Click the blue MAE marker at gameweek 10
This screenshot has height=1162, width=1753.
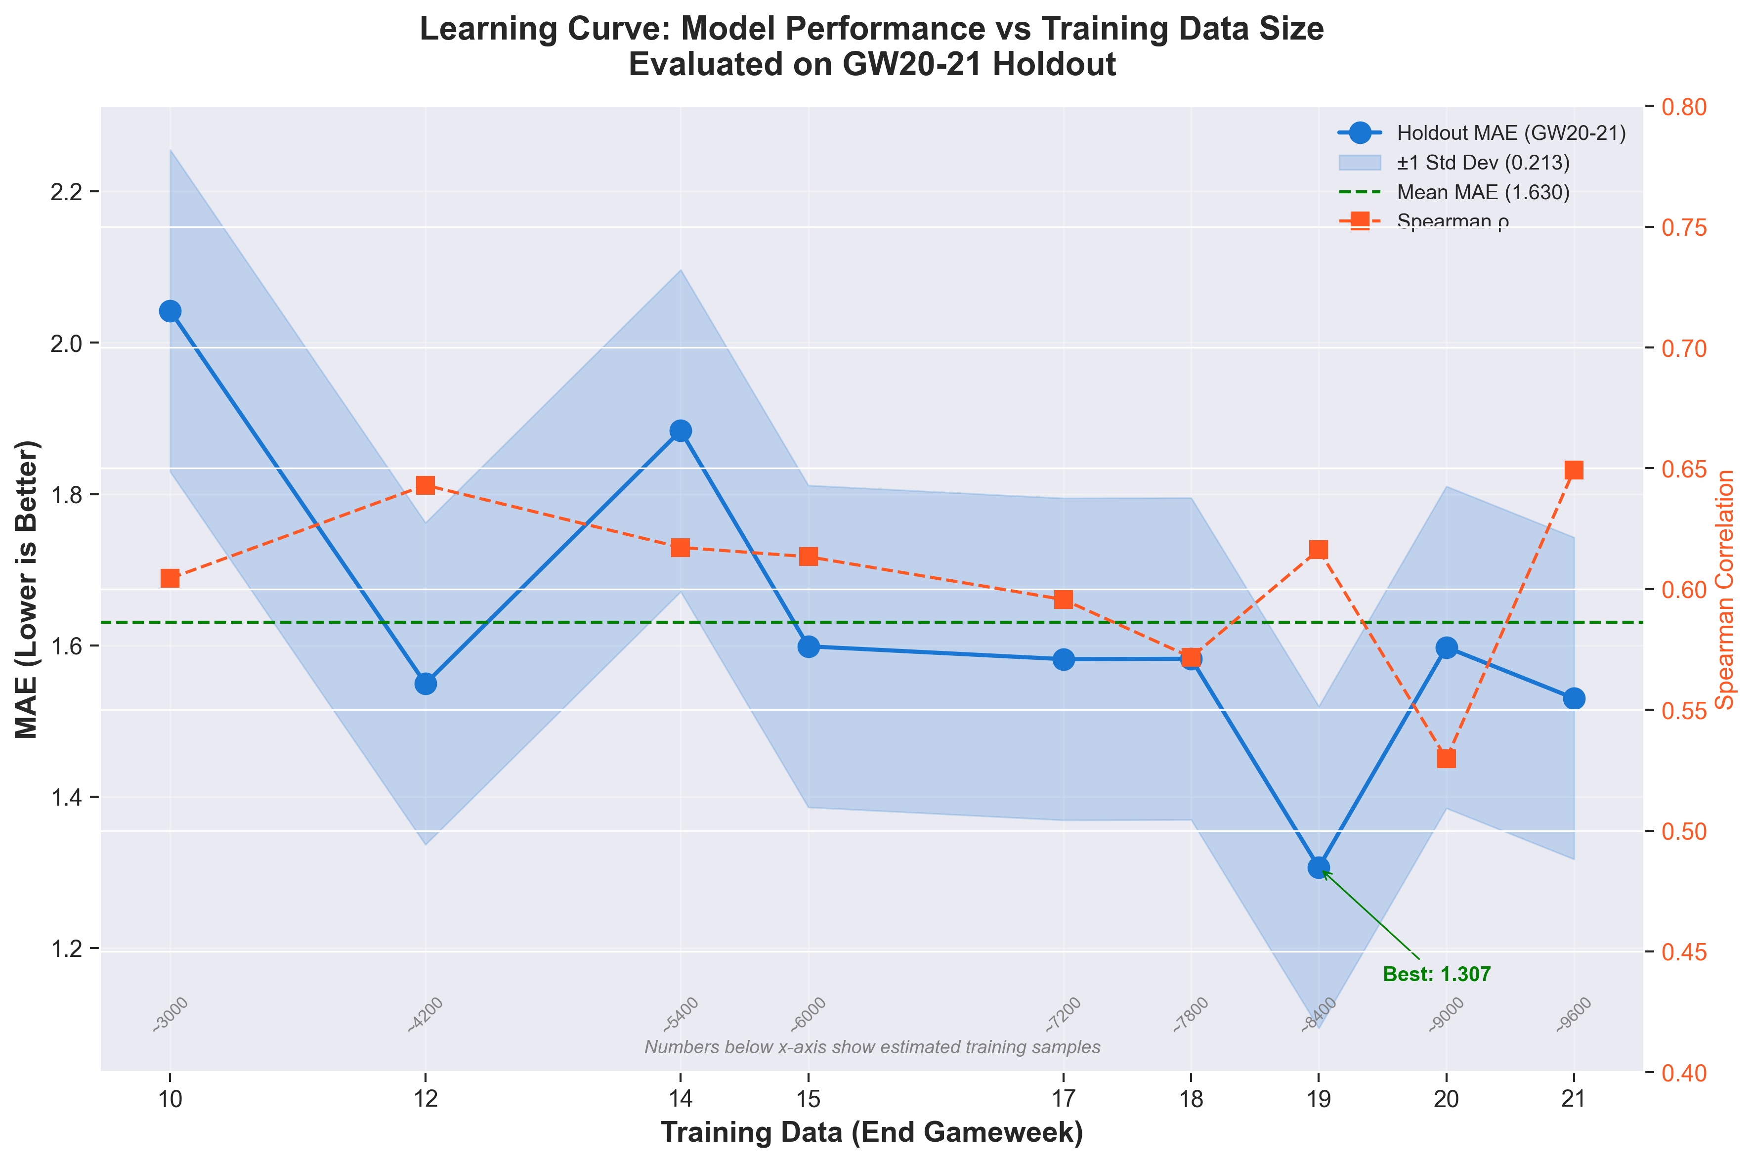(171, 311)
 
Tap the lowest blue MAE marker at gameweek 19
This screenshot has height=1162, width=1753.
(1319, 868)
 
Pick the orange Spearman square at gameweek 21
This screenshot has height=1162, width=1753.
(1574, 471)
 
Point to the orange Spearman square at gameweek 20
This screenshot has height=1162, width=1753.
(1446, 759)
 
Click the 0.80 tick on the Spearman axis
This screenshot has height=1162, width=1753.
(1683, 107)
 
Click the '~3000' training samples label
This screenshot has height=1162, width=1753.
(171, 1015)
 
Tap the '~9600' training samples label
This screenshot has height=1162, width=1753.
(1574, 1015)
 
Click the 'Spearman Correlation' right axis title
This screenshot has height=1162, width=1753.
(1726, 589)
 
